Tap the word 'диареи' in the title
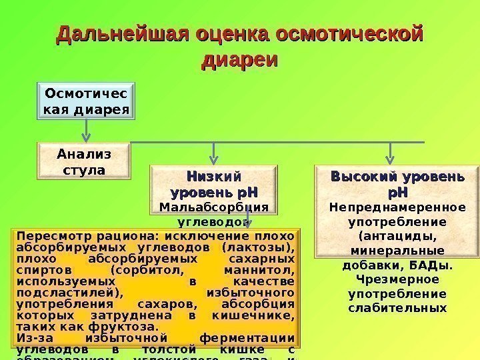tap(239, 59)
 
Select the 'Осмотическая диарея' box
tap(87, 100)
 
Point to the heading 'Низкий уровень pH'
tap(214, 185)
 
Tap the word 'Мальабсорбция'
tap(214, 207)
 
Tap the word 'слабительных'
tap(398, 308)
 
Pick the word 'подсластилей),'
tap(61, 293)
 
